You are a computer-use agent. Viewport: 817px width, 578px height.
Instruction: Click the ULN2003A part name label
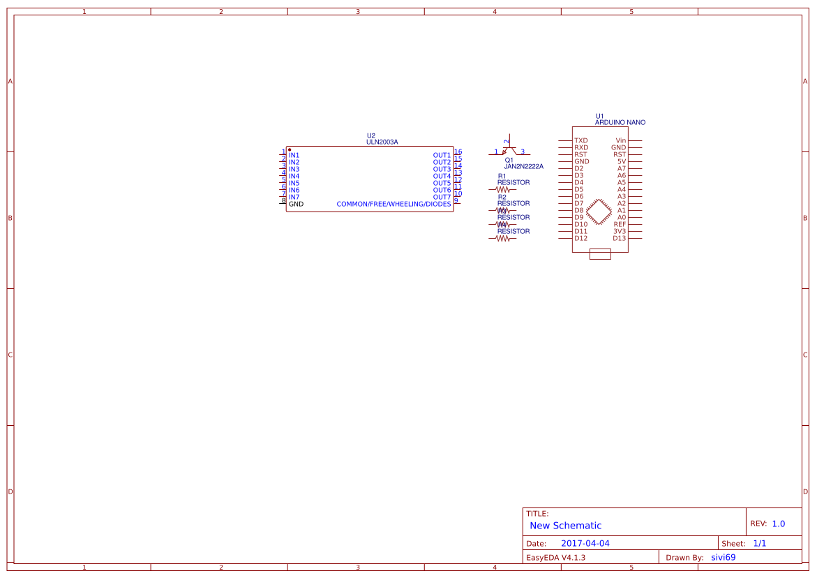382,142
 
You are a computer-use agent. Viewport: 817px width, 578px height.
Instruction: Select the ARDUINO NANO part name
620,122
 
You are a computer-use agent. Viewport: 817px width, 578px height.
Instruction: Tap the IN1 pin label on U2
294,155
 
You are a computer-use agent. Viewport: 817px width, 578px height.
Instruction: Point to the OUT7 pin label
442,197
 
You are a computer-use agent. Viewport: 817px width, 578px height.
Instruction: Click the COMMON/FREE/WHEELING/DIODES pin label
393,204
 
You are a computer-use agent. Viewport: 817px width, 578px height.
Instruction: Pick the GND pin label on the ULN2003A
296,204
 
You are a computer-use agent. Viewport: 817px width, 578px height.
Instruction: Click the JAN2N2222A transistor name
523,167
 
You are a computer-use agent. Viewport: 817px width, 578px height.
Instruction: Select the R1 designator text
502,176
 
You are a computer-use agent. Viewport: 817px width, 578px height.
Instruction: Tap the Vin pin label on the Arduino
620,140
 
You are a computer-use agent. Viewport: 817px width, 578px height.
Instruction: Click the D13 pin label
619,238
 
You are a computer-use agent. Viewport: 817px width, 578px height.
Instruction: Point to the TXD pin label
580,140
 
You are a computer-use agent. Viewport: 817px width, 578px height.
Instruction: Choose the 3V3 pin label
619,231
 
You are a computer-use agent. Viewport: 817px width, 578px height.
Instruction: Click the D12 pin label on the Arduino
580,238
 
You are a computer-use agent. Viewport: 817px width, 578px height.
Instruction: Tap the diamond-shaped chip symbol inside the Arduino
599,211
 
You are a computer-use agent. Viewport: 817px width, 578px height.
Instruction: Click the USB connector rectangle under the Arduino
600,254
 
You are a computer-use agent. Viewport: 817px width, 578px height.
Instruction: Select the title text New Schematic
565,526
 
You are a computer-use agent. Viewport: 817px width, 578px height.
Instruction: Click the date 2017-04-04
585,543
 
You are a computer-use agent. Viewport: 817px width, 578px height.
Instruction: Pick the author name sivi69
723,557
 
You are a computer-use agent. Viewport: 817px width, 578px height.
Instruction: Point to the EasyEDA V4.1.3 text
555,557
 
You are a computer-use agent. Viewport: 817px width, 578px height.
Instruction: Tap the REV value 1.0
778,524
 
